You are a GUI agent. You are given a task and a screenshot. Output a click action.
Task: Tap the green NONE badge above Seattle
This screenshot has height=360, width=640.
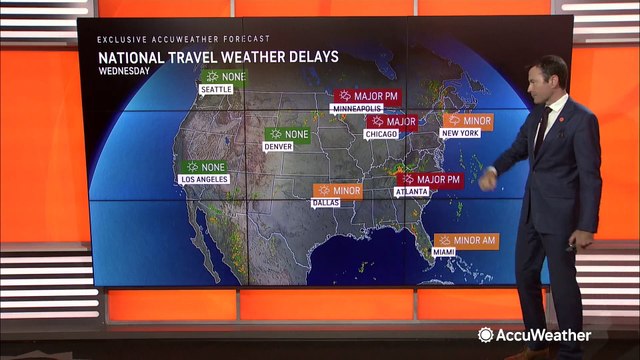(x=224, y=76)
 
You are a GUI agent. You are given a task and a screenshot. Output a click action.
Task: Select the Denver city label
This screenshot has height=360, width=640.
(x=277, y=146)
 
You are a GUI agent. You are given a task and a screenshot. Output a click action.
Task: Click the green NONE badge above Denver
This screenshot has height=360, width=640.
(x=287, y=133)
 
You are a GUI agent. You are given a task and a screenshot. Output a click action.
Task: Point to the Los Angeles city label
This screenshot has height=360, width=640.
(x=203, y=179)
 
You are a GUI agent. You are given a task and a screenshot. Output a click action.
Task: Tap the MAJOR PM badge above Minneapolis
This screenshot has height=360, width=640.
(x=364, y=96)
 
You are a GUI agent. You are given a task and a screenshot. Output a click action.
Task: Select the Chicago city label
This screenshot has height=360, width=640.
(x=381, y=134)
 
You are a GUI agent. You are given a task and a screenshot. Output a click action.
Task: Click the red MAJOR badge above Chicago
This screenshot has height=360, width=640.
(x=391, y=121)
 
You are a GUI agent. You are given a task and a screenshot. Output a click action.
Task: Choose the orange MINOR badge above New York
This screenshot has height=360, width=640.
(x=468, y=120)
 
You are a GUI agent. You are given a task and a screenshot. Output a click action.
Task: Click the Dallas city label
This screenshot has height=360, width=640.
(x=326, y=203)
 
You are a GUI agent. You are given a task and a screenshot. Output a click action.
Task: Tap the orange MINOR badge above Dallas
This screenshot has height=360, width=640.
(x=337, y=190)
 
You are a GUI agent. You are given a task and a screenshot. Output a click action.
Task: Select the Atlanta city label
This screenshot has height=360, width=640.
(x=412, y=191)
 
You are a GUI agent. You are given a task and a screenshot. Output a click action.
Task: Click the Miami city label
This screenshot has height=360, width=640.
(x=444, y=252)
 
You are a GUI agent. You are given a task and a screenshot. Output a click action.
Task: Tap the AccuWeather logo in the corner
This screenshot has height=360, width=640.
(x=534, y=335)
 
